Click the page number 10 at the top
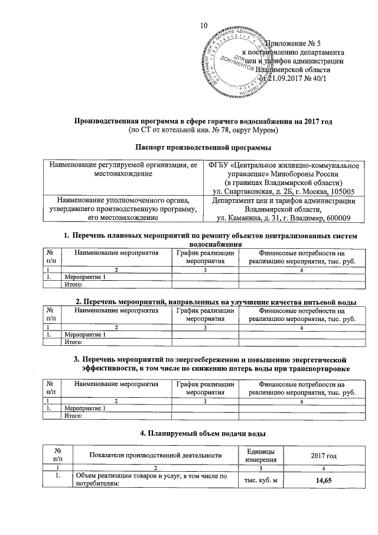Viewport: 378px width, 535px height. pos(205,25)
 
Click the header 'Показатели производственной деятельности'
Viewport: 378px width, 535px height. pos(155,455)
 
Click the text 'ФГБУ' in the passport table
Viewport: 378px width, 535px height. pos(221,164)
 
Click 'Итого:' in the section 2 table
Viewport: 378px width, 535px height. pos(73,342)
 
